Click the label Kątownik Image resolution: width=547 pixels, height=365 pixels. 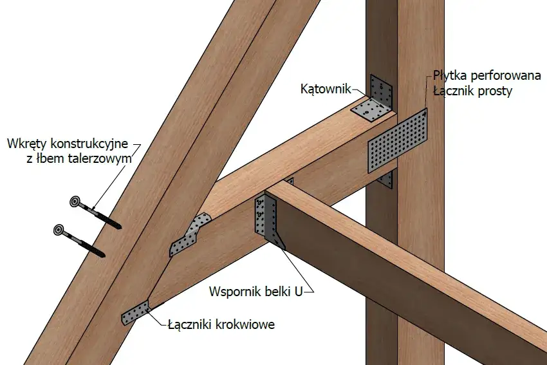tap(325, 89)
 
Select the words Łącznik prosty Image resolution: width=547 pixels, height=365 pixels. tap(472, 91)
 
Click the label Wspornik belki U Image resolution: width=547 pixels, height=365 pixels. tap(255, 292)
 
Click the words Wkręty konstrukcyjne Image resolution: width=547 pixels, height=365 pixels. tap(68, 142)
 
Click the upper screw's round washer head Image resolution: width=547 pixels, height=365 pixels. tap(76, 203)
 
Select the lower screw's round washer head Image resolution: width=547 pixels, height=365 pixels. tap(60, 229)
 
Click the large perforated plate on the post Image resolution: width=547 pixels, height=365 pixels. tap(398, 142)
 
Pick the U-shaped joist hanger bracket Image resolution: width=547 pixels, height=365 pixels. tap(265, 219)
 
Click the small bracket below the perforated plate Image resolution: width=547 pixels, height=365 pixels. tap(387, 178)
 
